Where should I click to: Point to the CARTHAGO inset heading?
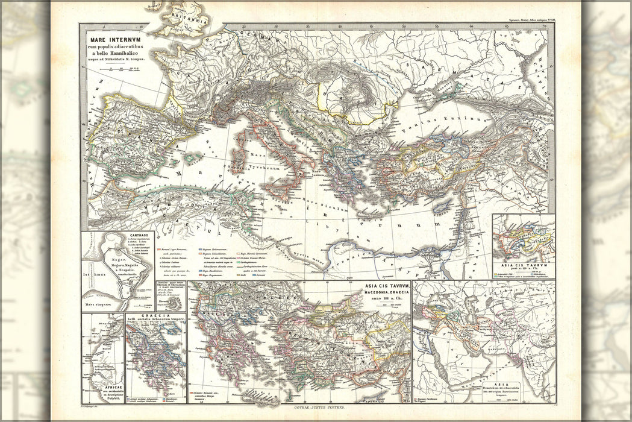pyautogui.click(x=111, y=236)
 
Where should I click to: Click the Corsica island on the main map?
pyautogui.click(x=241, y=147)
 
